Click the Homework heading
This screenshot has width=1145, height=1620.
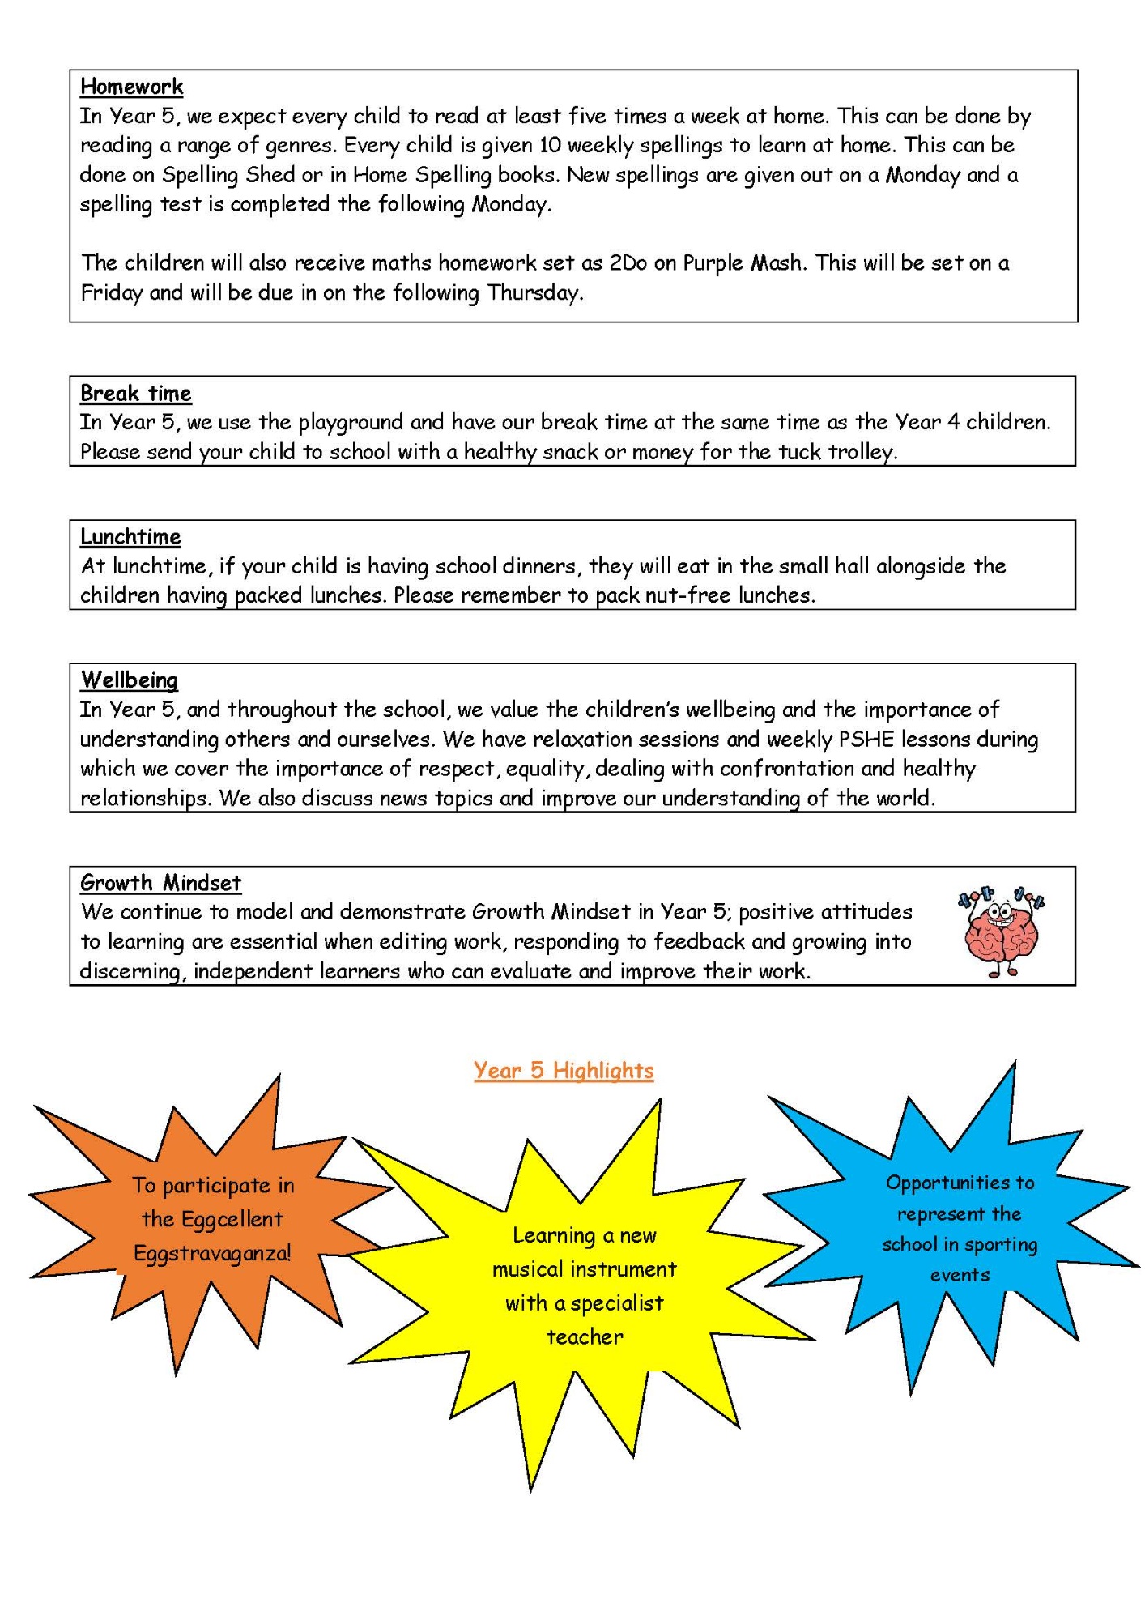tap(132, 87)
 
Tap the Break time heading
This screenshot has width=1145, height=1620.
tap(136, 394)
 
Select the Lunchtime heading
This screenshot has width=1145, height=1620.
tap(130, 537)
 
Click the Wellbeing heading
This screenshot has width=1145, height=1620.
tap(130, 680)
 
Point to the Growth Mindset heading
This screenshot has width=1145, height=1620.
tap(161, 883)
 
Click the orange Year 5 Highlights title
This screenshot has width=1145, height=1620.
tap(564, 1071)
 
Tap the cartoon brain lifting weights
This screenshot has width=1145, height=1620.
tap(1001, 932)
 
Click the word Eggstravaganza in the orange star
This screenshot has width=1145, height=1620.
tap(212, 1254)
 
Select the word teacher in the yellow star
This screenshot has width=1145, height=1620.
tap(585, 1337)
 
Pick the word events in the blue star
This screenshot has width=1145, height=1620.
tap(960, 1276)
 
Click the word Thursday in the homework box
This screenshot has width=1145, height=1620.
tap(534, 292)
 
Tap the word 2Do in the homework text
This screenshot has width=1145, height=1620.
tap(628, 263)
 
